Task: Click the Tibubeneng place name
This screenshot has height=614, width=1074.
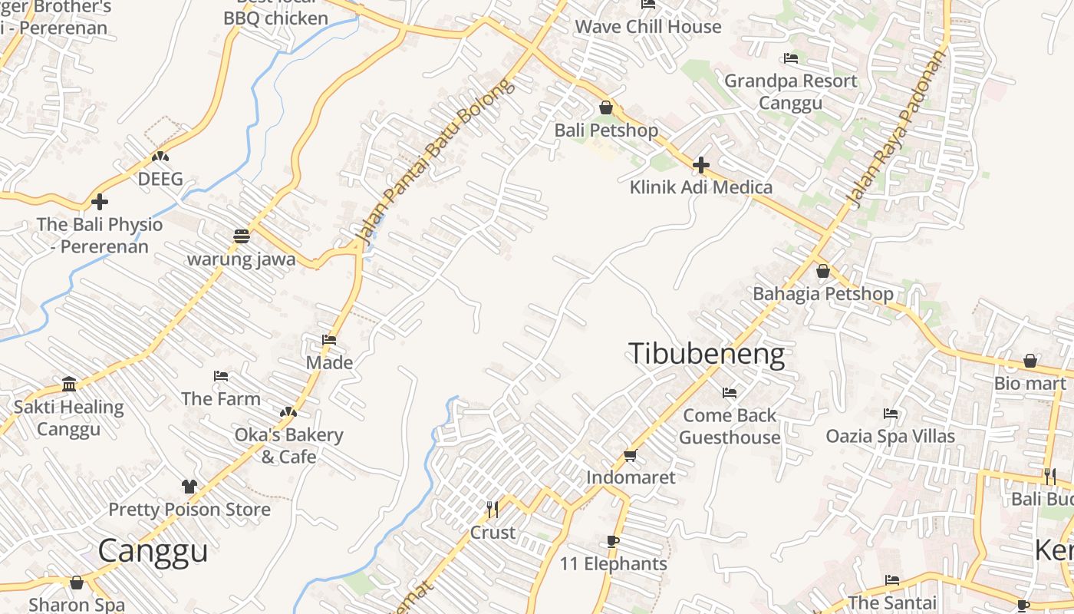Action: coord(707,355)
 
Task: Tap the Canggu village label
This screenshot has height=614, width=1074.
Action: coord(153,550)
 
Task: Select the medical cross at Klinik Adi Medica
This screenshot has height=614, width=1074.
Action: coord(700,165)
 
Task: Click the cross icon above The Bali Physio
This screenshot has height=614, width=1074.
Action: coord(100,203)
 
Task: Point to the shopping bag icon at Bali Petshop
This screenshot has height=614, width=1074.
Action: coord(606,107)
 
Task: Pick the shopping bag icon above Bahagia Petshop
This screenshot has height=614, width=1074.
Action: coord(823,271)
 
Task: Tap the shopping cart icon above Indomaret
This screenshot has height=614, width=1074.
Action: coord(631,456)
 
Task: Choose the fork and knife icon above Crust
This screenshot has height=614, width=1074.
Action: coord(493,509)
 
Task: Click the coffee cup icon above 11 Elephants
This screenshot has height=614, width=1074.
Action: coord(613,542)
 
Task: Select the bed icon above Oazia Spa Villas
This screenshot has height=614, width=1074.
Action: coord(891,414)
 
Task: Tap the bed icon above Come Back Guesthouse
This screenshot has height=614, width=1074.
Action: coord(730,393)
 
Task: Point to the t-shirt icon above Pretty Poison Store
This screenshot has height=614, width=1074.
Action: coord(189,487)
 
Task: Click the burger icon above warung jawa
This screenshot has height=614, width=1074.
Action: coord(242,236)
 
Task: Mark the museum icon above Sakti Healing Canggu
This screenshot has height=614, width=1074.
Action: coord(69,385)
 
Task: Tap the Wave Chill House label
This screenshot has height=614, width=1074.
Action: coord(648,27)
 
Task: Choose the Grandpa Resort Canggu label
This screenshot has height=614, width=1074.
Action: coord(791,91)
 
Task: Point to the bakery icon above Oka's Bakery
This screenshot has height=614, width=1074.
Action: coord(288,412)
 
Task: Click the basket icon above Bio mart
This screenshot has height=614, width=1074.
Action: coord(1030,361)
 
